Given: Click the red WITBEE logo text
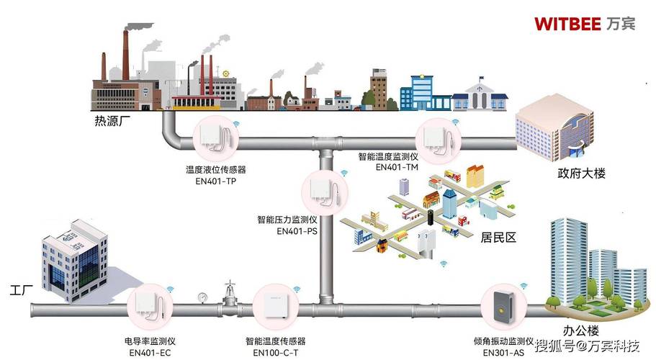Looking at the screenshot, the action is pos(567,24).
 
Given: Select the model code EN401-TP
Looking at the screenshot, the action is pos(215,181).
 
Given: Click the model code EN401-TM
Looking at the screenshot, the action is pos(397,167).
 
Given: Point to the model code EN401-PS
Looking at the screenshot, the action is pos(297,230).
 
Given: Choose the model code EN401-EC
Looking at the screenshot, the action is pos(150,353).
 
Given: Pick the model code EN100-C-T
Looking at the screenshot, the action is pos(275,353).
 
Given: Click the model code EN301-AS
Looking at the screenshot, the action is pos(503,353).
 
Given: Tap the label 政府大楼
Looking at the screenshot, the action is pos(581,173).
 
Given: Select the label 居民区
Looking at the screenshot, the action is pos(498,238).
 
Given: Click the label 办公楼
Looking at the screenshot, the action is pos(580,330).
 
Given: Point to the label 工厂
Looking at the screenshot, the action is pos(21,289).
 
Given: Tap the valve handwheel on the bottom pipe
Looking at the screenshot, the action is pos(229,284).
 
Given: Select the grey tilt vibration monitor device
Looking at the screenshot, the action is pos(503,307).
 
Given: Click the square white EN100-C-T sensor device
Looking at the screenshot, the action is pos(275,307).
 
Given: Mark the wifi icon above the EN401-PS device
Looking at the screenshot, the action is pos(344,173).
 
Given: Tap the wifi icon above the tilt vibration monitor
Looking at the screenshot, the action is pos(524,286).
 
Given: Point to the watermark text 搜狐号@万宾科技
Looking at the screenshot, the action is pos(588,346).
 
